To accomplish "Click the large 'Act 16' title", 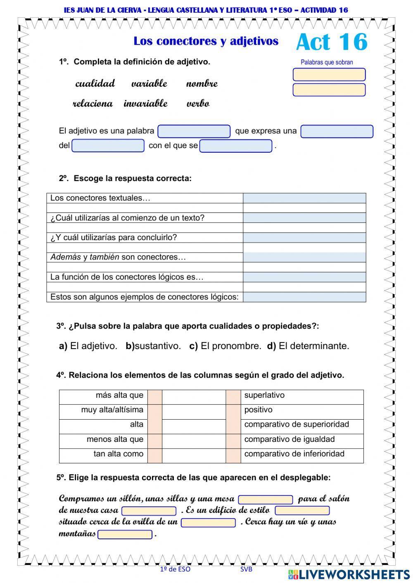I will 331,42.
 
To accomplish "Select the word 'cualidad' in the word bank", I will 95,83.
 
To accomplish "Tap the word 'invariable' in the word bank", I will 145,103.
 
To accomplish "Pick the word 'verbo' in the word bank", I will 198,103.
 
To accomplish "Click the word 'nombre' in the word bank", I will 202,83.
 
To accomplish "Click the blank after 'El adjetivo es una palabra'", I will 194,131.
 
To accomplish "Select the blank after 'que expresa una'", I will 337,131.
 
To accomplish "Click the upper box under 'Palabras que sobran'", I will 329,75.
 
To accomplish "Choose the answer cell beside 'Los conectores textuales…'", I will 304,198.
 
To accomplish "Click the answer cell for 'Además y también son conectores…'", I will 304,257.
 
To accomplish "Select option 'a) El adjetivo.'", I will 88,346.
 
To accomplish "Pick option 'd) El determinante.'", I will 308,346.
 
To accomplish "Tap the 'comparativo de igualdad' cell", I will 289,439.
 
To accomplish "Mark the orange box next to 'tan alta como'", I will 155,454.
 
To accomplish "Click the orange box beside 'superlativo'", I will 233,395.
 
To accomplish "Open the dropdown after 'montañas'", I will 125,534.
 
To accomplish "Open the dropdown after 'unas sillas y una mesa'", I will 266,499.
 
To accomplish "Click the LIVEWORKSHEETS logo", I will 349,574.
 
